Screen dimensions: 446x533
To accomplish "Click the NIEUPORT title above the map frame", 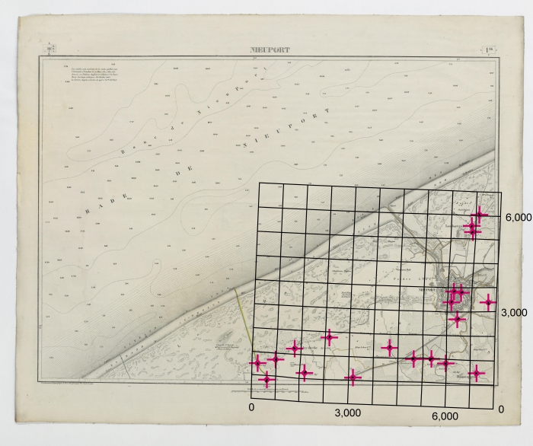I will [270, 51].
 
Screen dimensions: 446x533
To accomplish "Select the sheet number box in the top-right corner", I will [490, 52].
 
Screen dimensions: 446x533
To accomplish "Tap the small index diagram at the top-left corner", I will [49, 51].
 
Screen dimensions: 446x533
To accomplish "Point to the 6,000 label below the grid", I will [445, 416].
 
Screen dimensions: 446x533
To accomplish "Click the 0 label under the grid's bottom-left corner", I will [251, 409].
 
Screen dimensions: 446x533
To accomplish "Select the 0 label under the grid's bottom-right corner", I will [500, 409].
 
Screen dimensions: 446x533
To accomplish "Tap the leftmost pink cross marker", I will [257, 364].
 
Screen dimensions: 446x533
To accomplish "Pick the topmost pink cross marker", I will [480, 215].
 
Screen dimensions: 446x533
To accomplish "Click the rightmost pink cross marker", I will [488, 303].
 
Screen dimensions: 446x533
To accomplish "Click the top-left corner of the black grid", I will [259, 183].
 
